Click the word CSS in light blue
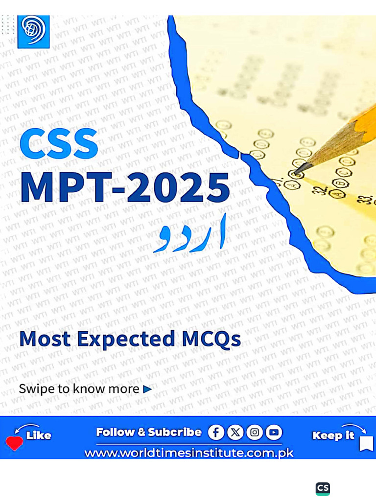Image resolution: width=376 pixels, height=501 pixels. [59, 143]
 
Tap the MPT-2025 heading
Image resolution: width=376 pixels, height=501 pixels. [125, 187]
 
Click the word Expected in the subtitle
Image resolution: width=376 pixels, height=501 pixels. [127, 339]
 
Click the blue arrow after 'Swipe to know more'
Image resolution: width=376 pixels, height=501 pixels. [147, 389]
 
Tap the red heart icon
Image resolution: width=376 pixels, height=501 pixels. [14, 443]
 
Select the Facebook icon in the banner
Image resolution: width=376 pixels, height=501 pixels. [216, 432]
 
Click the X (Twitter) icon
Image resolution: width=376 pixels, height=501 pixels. [235, 432]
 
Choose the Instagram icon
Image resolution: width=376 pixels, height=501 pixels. [255, 432]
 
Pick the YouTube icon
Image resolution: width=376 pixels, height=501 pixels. [274, 432]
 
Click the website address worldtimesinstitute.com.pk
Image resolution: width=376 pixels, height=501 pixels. [189, 453]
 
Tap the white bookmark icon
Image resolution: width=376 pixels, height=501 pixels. [366, 443]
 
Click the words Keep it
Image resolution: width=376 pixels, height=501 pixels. [333, 435]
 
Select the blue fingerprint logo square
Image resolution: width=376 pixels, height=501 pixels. [33, 31]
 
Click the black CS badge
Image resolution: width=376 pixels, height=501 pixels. [323, 488]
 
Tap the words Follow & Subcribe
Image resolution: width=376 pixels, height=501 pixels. [149, 432]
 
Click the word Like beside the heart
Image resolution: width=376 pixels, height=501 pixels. [39, 435]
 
